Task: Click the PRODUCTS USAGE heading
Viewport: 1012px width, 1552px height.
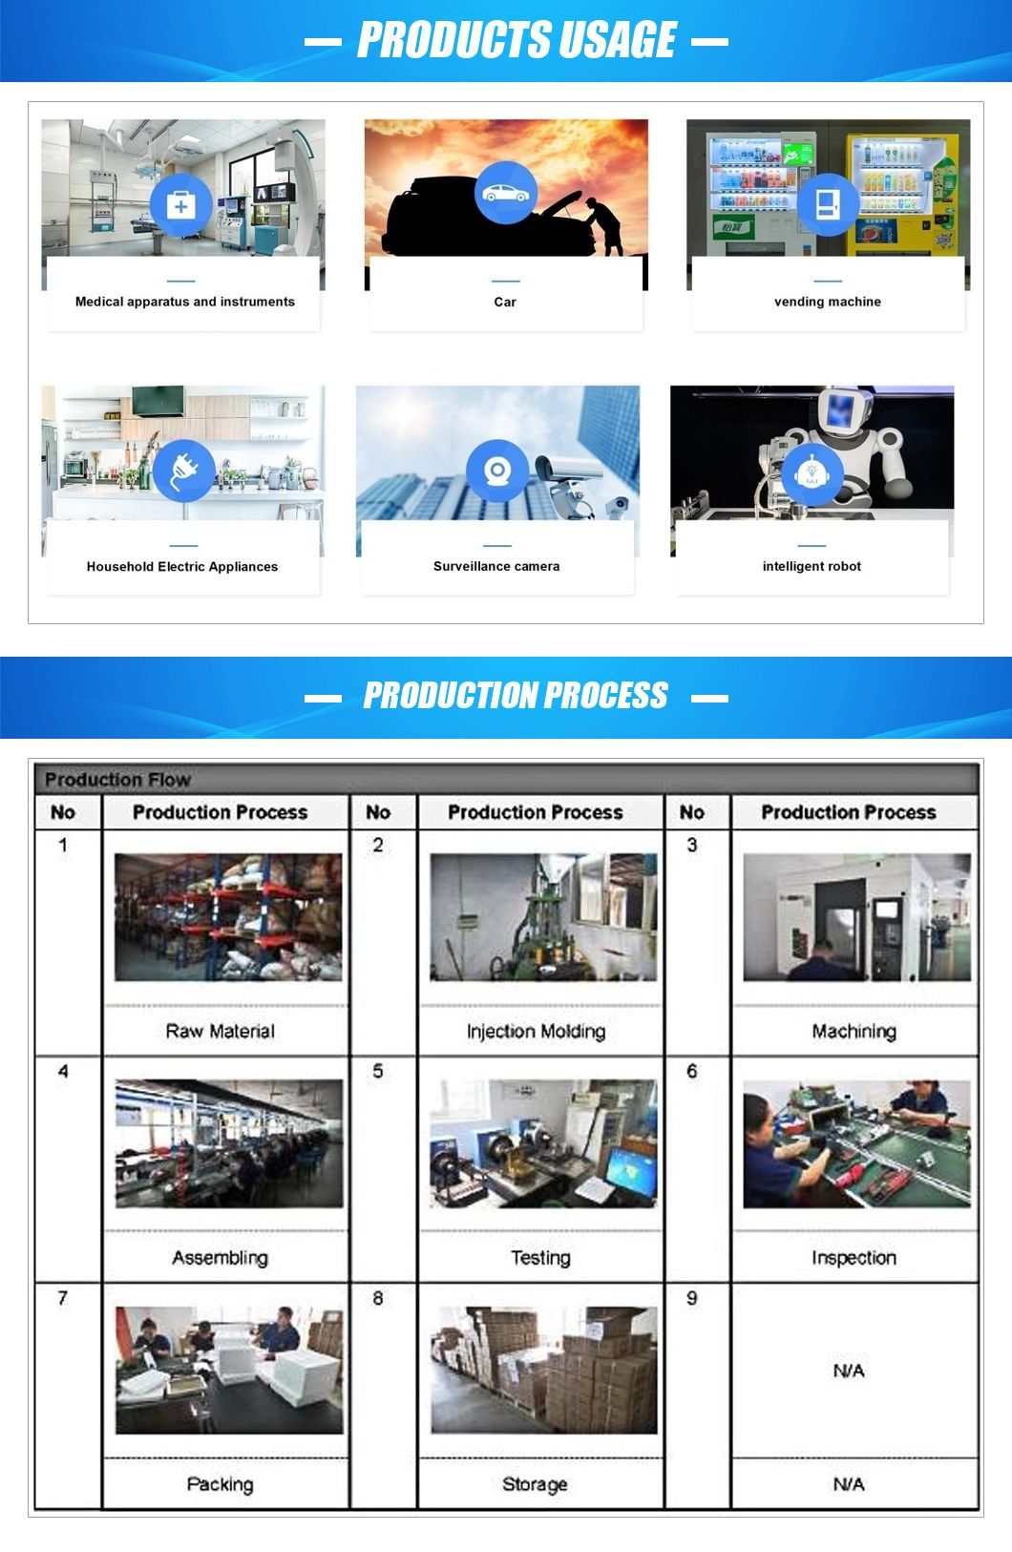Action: pyautogui.click(x=516, y=41)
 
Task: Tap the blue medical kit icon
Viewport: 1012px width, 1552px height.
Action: pyautogui.click(x=181, y=205)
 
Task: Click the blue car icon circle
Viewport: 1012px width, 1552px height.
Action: pyautogui.click(x=505, y=193)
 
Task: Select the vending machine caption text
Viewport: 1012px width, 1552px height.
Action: pyautogui.click(x=827, y=302)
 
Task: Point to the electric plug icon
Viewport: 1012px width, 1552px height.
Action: pyautogui.click(x=182, y=471)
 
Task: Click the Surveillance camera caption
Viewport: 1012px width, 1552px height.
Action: pyautogui.click(x=496, y=566)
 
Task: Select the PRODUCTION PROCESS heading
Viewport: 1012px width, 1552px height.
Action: pyautogui.click(x=516, y=696)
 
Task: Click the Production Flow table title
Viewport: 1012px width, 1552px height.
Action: pyautogui.click(x=117, y=779)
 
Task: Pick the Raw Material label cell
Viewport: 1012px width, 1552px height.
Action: pyautogui.click(x=221, y=1031)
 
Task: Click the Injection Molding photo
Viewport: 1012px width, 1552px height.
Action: pyautogui.click(x=543, y=917)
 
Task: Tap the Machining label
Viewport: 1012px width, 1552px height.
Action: pyautogui.click(x=854, y=1031)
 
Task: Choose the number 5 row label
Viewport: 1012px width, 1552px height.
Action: pyautogui.click(x=378, y=1071)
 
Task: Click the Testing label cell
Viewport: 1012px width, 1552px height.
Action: pyautogui.click(x=540, y=1257)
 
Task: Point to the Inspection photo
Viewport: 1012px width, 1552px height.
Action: pyautogui.click(x=856, y=1143)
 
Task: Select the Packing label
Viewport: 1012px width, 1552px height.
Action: pyautogui.click(x=221, y=1483)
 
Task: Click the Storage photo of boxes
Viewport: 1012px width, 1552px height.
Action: pyautogui.click(x=543, y=1370)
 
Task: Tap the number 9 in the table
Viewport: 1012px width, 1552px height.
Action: pyautogui.click(x=692, y=1298)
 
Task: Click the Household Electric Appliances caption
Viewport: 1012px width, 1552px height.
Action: pyautogui.click(x=182, y=566)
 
